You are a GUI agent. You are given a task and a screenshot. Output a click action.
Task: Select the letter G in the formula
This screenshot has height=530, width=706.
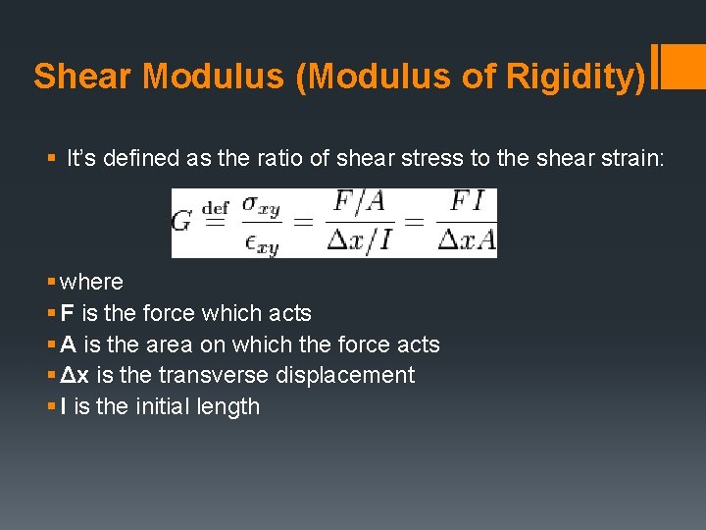[181, 221]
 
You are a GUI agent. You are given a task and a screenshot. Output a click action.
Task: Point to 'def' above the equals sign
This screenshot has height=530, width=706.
[215, 207]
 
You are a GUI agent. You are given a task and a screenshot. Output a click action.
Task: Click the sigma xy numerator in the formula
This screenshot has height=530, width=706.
[263, 206]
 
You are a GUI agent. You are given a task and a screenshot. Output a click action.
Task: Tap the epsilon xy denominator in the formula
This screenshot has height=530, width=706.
[263, 239]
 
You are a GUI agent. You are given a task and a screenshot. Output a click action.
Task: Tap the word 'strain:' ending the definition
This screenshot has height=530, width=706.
[632, 158]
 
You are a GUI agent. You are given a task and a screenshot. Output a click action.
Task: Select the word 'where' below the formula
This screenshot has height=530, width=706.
[91, 283]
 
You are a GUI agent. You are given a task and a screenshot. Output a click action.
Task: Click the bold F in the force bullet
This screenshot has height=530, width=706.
[67, 314]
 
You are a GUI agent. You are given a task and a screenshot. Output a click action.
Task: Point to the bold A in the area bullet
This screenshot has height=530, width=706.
[68, 344]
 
